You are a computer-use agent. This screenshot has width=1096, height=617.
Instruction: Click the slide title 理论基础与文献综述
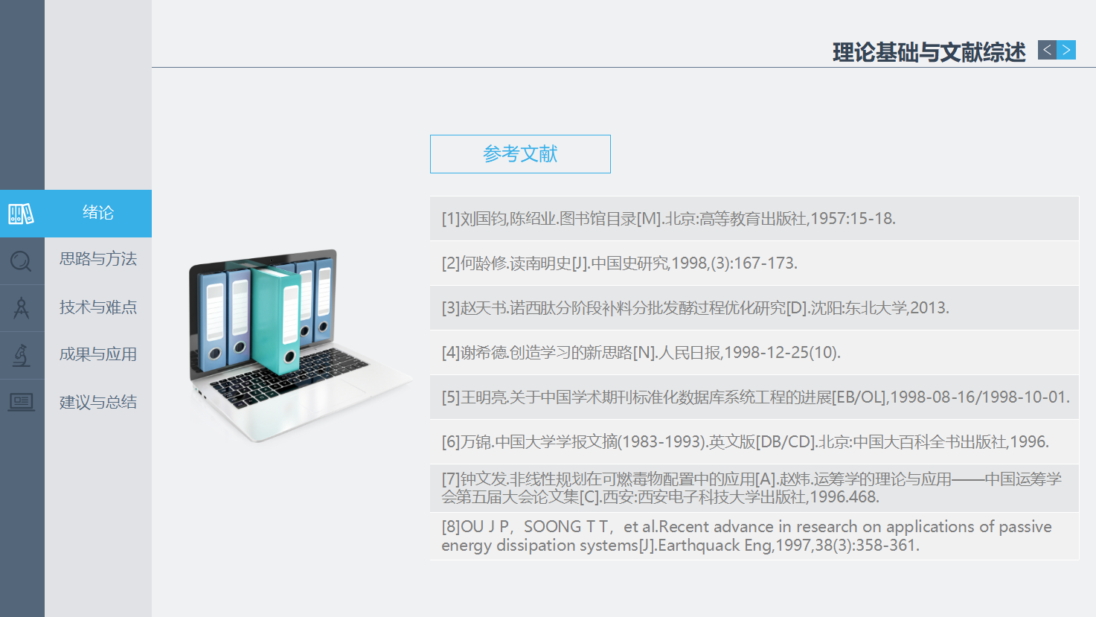click(929, 52)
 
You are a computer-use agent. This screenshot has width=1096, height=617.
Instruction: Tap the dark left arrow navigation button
click(1047, 50)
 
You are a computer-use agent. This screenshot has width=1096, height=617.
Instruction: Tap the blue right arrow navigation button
click(1066, 50)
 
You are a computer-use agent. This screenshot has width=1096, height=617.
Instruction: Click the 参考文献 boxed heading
click(520, 154)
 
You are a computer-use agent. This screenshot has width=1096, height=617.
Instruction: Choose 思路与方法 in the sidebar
click(98, 259)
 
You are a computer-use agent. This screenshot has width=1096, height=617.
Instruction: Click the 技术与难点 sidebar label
click(98, 307)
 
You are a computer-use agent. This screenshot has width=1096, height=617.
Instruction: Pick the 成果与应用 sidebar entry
click(98, 354)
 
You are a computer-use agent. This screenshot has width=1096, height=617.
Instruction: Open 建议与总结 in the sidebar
click(98, 402)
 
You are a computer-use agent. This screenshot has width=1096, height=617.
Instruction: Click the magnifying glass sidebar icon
click(21, 261)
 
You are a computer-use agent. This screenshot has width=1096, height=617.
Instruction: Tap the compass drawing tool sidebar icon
click(21, 308)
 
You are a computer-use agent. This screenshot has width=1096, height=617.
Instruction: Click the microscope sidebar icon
click(21, 356)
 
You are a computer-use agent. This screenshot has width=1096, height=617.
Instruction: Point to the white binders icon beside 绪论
click(21, 214)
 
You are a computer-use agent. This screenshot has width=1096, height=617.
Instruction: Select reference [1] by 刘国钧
click(668, 219)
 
